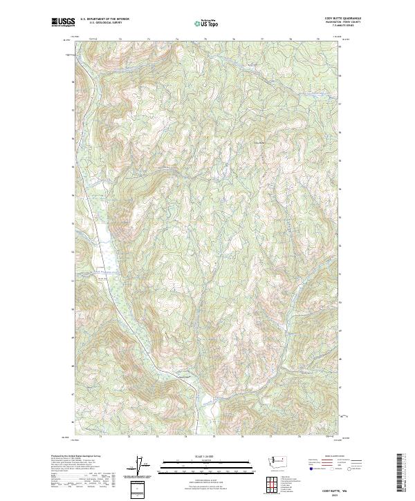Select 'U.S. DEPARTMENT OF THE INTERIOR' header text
pos(104,19)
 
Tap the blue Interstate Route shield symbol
pos(311,469)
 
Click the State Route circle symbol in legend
pos(351,469)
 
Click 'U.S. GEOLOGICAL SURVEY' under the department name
pos(104,23)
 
